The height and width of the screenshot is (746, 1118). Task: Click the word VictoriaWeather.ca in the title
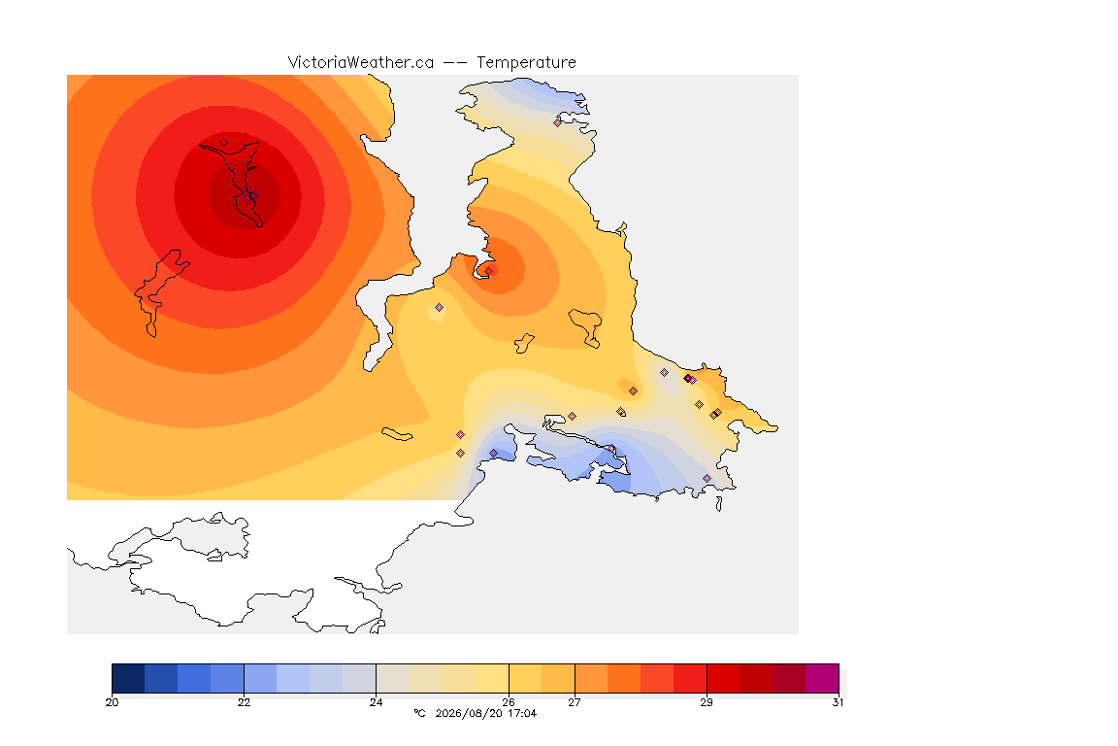tap(361, 63)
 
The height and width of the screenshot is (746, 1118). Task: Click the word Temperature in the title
tap(526, 63)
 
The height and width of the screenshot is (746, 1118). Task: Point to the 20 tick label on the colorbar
tap(112, 702)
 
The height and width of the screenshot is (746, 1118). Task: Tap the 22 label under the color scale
tap(244, 702)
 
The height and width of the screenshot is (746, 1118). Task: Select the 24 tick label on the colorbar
tap(376, 702)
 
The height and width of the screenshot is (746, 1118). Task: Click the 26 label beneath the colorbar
tap(509, 702)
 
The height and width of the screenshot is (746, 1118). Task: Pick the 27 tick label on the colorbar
tap(574, 702)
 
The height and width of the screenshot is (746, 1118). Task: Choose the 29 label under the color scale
tap(706, 702)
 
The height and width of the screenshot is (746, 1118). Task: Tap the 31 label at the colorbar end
tap(838, 702)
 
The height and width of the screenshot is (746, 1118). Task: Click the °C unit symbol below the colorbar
tap(419, 713)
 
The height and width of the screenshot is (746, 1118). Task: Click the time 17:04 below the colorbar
tap(522, 713)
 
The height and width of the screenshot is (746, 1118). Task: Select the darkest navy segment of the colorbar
tap(128, 678)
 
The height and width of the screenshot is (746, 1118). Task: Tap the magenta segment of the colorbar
tap(822, 678)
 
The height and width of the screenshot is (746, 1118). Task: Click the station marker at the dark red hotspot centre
tap(252, 195)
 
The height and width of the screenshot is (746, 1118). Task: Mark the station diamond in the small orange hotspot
tap(489, 271)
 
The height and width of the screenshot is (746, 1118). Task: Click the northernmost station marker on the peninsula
tap(558, 122)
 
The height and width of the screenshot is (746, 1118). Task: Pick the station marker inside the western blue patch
tap(493, 454)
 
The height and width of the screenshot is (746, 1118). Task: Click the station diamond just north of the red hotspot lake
tap(224, 143)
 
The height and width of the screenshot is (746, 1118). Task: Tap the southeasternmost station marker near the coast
tap(707, 478)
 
